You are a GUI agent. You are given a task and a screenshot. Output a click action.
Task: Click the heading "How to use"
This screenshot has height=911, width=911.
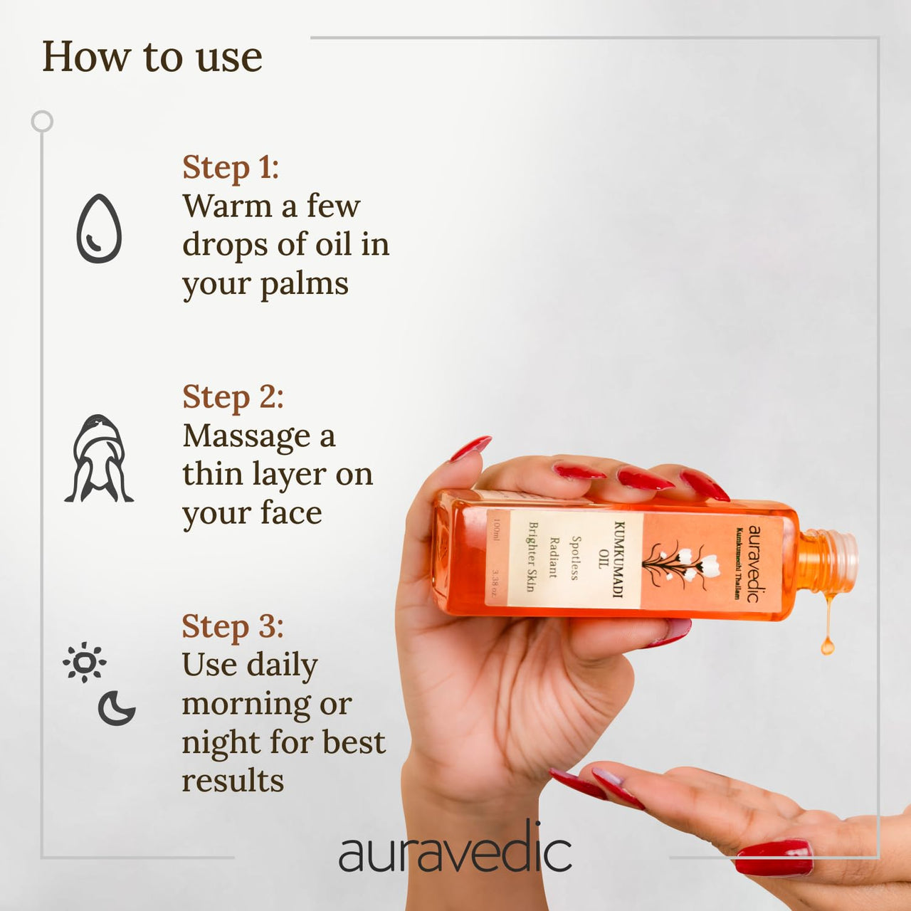tap(152, 57)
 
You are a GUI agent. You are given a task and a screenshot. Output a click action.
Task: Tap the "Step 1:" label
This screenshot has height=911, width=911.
tap(231, 168)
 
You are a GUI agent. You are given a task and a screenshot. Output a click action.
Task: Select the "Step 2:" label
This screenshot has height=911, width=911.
tap(233, 397)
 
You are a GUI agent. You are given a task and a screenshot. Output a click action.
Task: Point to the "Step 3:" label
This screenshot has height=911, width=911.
tap(233, 627)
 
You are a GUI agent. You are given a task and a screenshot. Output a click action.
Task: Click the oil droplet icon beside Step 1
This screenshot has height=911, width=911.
tap(99, 229)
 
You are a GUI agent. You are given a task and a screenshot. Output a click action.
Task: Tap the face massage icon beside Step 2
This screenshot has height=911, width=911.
tap(99, 459)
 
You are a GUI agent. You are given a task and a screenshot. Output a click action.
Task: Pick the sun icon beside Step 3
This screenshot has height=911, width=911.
tap(84, 663)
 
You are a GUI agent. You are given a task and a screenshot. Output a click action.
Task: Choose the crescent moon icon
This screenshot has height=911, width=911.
tap(116, 707)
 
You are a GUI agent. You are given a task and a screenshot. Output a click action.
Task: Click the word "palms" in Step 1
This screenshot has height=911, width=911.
tap(304, 285)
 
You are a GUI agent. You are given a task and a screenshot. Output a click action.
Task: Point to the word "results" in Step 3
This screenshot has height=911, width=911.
tap(233, 781)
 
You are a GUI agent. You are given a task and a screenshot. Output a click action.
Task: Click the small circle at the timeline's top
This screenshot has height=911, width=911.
tap(42, 122)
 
